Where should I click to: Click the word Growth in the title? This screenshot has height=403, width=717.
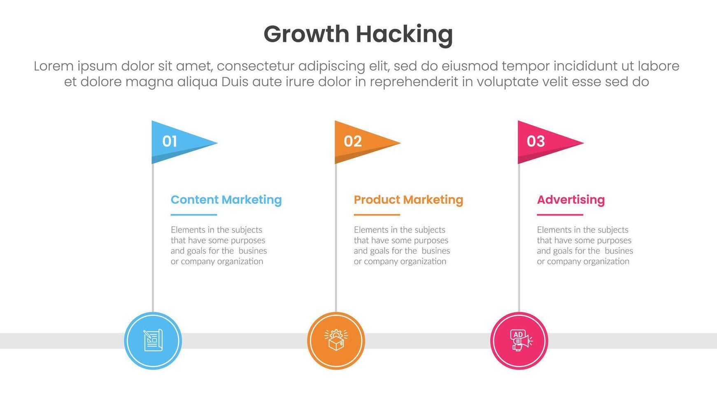[306, 35]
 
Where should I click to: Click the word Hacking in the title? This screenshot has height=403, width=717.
[404, 35]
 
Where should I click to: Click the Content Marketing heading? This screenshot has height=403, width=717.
[226, 200]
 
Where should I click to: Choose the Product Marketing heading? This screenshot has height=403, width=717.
[408, 200]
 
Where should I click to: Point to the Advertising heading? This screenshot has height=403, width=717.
[571, 200]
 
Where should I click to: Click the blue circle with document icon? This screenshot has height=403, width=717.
[153, 341]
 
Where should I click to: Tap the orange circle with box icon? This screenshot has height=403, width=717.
[336, 341]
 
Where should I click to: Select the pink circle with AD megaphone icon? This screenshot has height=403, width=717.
[519, 341]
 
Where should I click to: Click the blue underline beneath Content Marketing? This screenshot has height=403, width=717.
[194, 215]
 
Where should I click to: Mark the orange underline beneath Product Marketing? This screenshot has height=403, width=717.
[377, 215]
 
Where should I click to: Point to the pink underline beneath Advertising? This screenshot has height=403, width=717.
[560, 215]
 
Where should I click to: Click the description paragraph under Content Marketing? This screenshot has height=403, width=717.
[219, 246]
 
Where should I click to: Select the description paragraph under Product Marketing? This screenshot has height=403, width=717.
[402, 246]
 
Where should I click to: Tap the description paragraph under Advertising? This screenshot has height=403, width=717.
[585, 246]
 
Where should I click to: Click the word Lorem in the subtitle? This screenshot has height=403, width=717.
[54, 66]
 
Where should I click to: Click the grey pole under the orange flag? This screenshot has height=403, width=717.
[336, 238]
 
